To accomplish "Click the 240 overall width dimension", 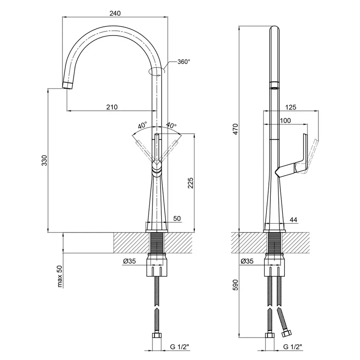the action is coord(115,13).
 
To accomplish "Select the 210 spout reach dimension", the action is coord(112,107).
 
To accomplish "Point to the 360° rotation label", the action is coord(184,62).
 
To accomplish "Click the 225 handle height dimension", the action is coord(190,183).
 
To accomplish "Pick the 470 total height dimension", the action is coord(236,129).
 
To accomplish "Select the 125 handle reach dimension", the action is coord(291,107).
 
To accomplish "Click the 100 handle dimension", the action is coord(285,120).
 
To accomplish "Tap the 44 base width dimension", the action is coord(293,220).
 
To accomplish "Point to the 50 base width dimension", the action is coord(177,218).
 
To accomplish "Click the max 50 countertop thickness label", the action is coord(60,277).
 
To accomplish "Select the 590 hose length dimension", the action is coord(236,285).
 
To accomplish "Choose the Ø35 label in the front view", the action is coord(130,261).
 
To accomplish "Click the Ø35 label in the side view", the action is coord(247,261).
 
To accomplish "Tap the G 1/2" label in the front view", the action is coord(180,347).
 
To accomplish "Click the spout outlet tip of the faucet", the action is coord(68,85).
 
